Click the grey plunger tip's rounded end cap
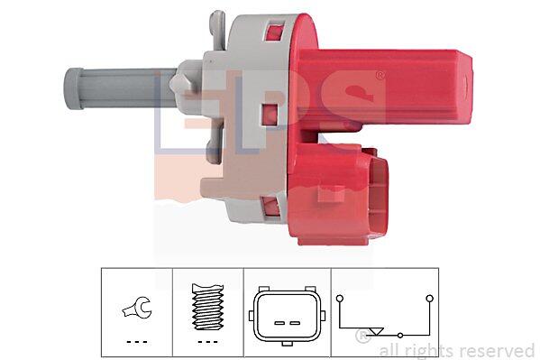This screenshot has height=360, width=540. (74, 88)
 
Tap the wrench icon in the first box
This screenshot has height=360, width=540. (137, 308)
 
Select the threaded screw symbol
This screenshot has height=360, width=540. (207, 306)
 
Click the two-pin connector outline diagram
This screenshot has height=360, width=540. (287, 316)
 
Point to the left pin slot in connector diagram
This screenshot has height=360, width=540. (279, 323)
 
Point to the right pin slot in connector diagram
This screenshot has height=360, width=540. (295, 323)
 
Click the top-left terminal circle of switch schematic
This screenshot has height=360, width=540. (340, 299)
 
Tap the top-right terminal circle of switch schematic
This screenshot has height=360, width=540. (429, 299)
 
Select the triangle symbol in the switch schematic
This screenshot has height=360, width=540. (376, 331)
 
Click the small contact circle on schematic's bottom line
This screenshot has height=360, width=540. (400, 335)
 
